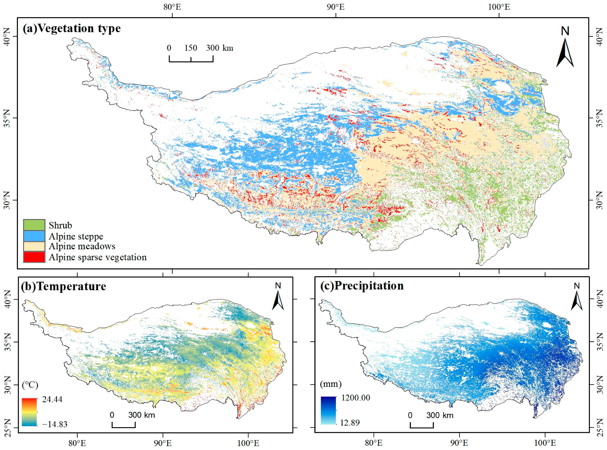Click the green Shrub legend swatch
34,225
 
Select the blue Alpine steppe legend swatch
34,236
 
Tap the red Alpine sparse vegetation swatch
34,257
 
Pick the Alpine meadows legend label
82,246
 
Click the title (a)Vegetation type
72,28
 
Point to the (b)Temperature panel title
63,286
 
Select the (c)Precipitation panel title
362,286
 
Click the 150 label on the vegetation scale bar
190,48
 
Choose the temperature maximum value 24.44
52,399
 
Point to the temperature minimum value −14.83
55,424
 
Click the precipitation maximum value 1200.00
355,398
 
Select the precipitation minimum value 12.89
350,422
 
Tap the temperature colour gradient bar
29,412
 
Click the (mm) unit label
331,384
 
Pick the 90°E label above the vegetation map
336,7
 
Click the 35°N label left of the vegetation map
7,118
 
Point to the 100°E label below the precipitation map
545,443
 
